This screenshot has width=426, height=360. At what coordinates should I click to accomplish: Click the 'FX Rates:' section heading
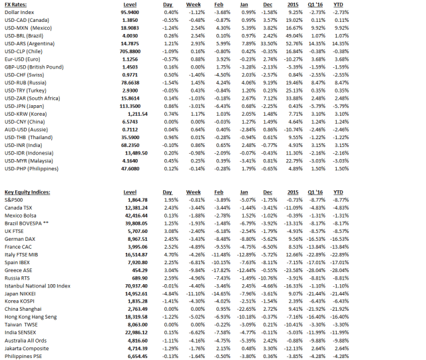(x=15, y=5)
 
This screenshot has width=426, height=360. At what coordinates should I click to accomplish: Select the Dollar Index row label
(x=20, y=13)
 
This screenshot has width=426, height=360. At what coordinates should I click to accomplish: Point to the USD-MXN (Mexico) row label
(x=30, y=29)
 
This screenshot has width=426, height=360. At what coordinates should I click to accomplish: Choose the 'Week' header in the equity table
(x=195, y=192)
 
